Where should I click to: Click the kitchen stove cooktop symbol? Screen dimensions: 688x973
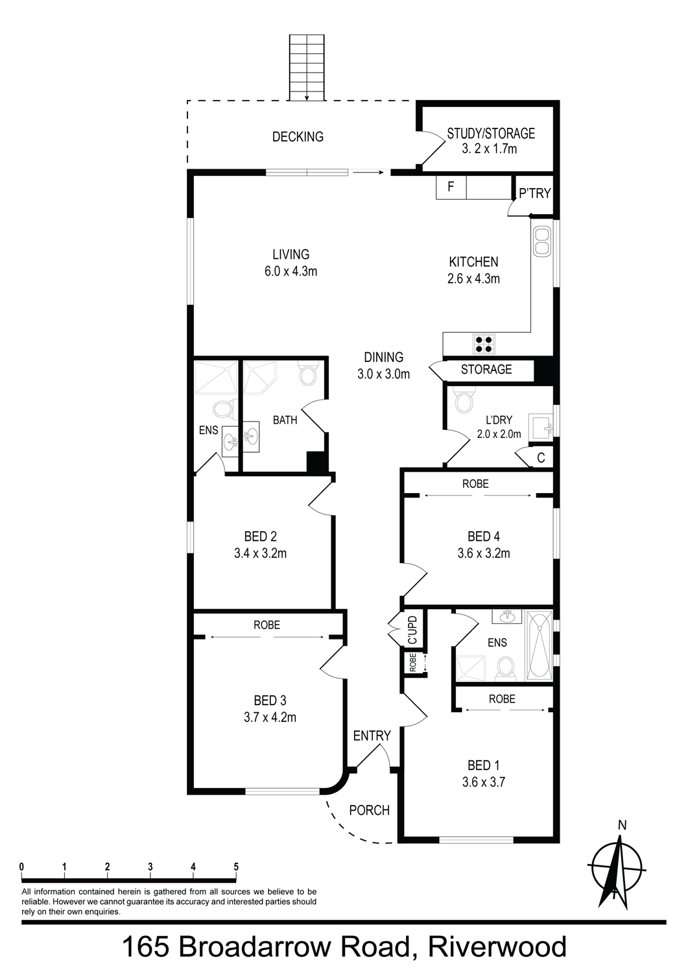click(484, 344)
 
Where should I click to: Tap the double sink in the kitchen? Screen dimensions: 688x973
click(541, 241)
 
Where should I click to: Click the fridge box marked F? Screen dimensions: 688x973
click(451, 187)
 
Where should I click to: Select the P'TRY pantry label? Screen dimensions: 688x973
click(535, 193)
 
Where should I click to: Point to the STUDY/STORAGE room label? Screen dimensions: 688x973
click(491, 134)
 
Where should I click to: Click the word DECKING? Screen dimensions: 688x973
click(298, 137)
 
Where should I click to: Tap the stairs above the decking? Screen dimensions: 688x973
click(307, 67)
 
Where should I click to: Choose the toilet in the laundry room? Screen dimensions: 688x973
click(464, 400)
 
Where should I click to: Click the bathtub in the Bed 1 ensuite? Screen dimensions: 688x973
click(540, 645)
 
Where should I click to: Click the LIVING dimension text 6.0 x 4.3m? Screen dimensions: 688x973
click(291, 272)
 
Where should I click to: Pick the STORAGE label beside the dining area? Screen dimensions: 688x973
click(486, 369)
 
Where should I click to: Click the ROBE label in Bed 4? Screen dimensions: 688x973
click(475, 483)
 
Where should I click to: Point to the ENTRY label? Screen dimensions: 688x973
click(372, 736)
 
